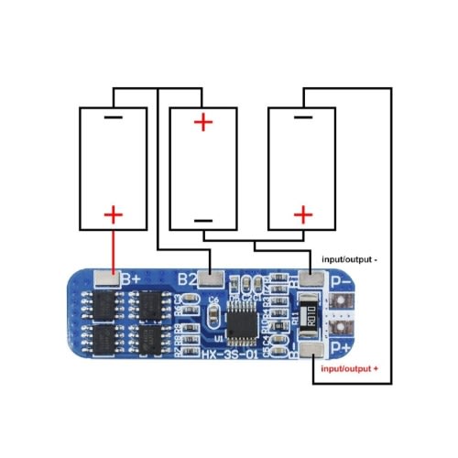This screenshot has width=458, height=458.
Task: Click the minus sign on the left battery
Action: (113, 118)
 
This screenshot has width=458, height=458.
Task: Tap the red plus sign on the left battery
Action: (113, 215)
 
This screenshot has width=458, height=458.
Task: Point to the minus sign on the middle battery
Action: (203, 220)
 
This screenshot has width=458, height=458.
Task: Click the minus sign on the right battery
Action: (301, 118)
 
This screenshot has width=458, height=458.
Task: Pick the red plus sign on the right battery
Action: (301, 215)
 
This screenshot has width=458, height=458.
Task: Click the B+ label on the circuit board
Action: (130, 278)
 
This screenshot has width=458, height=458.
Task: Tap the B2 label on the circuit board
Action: (188, 278)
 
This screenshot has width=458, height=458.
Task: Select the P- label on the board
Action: (342, 282)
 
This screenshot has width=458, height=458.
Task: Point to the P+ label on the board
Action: (342, 347)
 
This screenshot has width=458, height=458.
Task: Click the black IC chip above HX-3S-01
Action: (245, 321)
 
